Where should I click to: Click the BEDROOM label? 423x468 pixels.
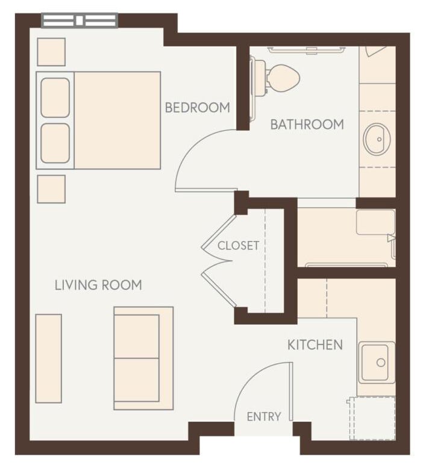(x=198, y=108)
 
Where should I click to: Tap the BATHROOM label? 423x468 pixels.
(x=307, y=125)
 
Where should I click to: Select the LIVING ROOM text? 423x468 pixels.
(x=98, y=285)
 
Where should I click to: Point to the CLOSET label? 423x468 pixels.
(x=238, y=246)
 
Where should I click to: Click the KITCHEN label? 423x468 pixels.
(x=315, y=345)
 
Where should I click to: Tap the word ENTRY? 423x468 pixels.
(x=264, y=417)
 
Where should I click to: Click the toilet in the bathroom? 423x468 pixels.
(x=281, y=76)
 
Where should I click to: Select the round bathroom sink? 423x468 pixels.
(x=377, y=139)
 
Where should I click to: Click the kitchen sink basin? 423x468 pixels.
(x=377, y=362)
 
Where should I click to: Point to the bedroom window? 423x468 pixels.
(x=80, y=20)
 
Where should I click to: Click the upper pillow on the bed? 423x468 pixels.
(x=55, y=98)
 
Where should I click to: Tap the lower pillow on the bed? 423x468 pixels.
(x=55, y=143)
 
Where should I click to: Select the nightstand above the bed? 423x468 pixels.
(x=51, y=52)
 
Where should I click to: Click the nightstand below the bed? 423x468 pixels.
(x=51, y=189)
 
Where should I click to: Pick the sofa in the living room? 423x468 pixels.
(x=143, y=358)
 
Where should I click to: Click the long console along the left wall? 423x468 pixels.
(x=48, y=358)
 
